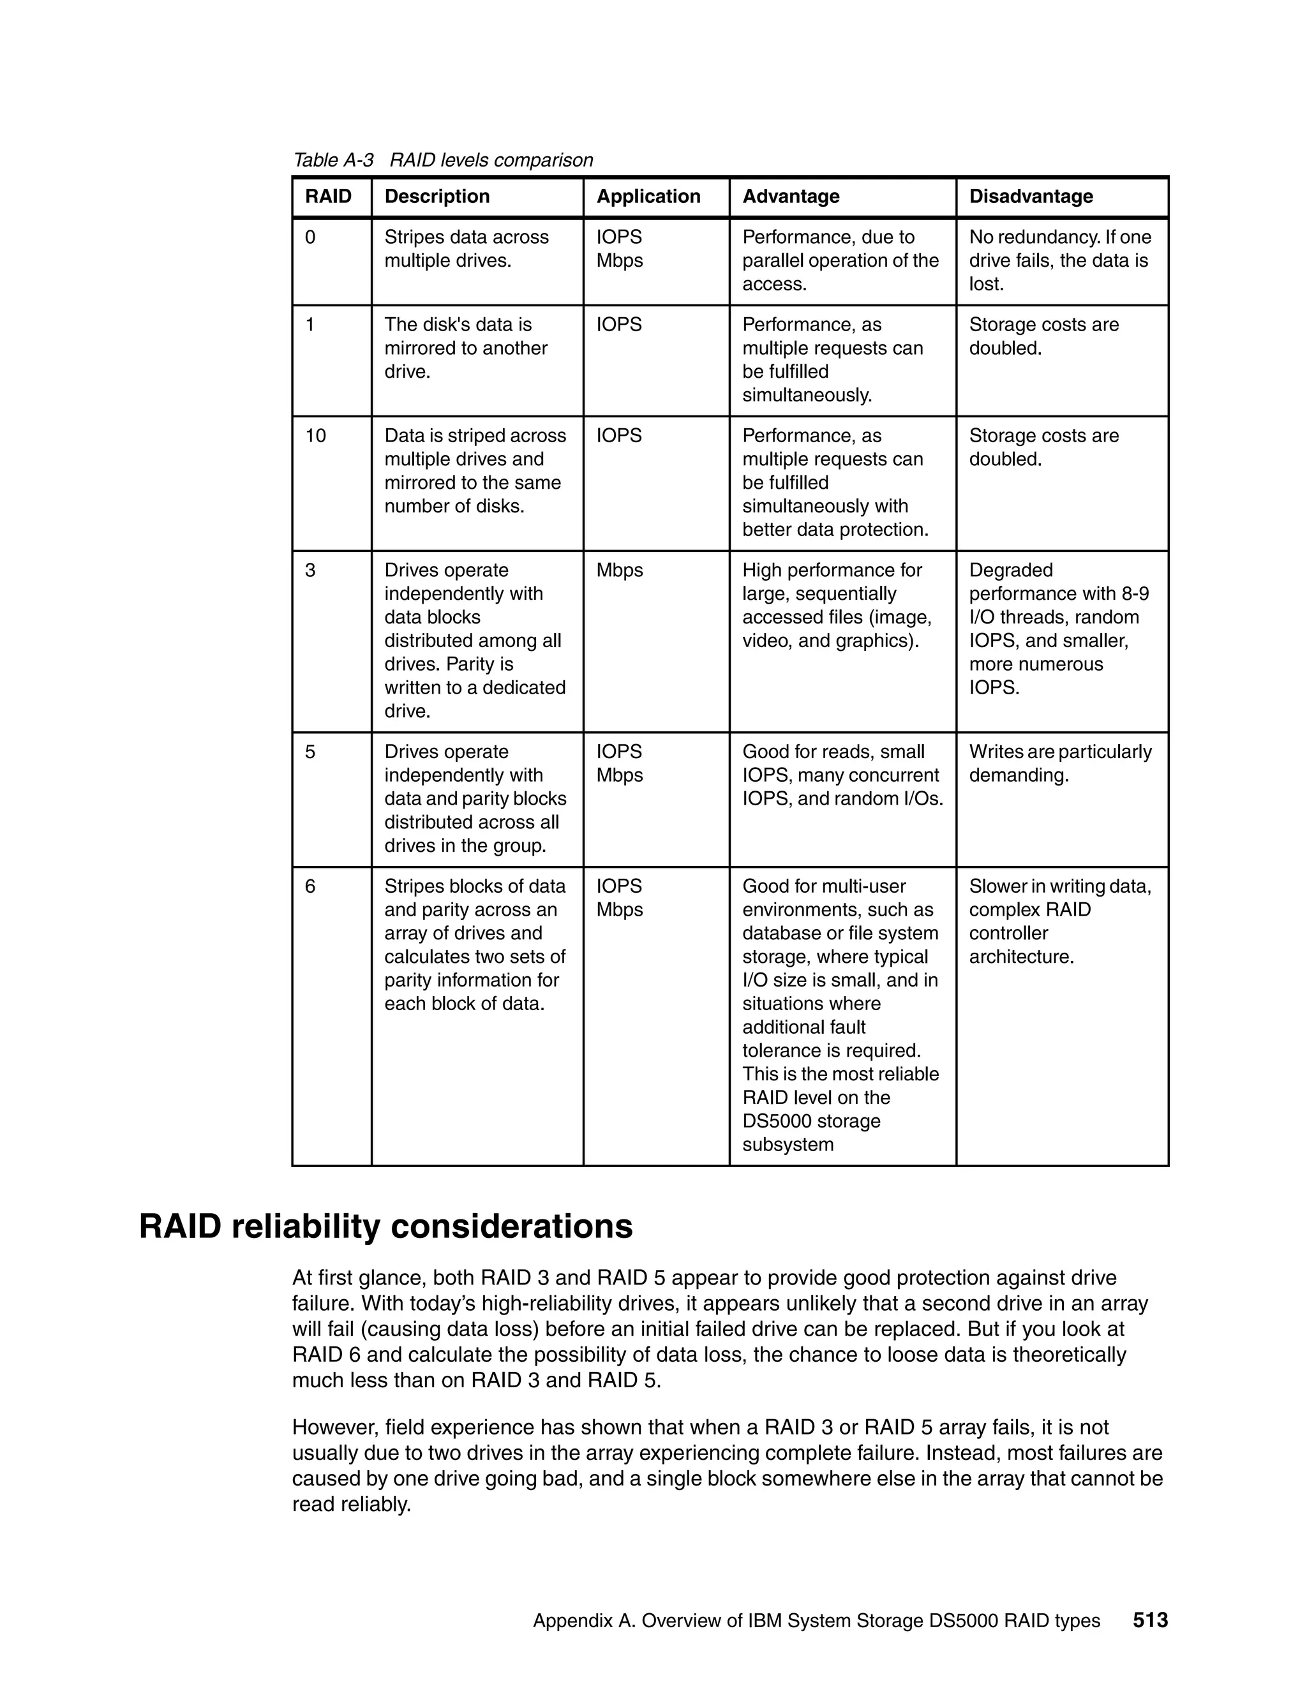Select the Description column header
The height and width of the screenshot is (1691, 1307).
click(x=437, y=197)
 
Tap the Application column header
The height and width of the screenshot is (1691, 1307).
click(x=648, y=197)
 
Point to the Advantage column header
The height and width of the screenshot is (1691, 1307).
click(x=791, y=197)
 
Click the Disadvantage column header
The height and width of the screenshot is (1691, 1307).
click(x=1031, y=197)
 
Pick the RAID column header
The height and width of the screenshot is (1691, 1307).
click(x=328, y=197)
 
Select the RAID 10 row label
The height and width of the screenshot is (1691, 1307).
click(x=316, y=436)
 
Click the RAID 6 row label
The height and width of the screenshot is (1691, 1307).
click(x=311, y=886)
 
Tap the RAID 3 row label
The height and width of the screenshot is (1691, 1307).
click(x=311, y=570)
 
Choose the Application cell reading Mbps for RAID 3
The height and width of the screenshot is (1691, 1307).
click(x=620, y=570)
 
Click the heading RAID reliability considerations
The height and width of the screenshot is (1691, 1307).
click(x=385, y=1227)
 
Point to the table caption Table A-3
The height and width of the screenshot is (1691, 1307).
click(x=333, y=160)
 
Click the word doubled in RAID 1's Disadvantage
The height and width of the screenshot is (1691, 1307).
click(x=1005, y=348)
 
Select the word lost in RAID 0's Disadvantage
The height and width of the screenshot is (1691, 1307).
click(x=985, y=284)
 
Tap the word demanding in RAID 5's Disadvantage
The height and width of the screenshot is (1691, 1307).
click(x=1017, y=776)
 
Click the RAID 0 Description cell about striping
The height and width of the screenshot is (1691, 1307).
click(x=466, y=250)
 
